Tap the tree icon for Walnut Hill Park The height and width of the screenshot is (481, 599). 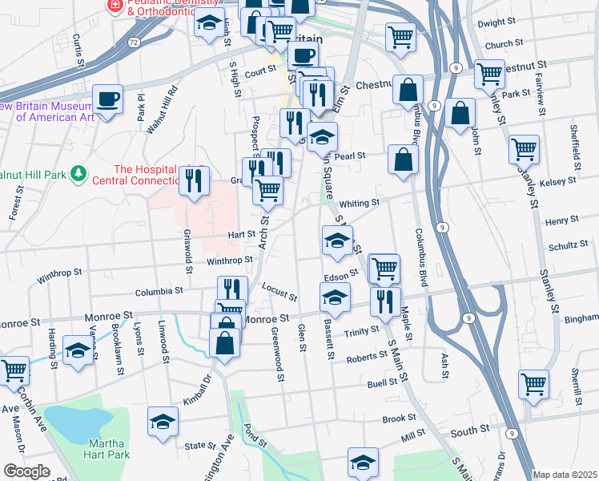tap(78, 172)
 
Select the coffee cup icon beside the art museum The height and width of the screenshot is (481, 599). tap(107, 99)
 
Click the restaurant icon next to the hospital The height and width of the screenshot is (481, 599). tap(193, 180)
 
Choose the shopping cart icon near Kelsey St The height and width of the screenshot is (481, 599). tap(524, 148)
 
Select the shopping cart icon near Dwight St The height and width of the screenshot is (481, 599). tap(400, 35)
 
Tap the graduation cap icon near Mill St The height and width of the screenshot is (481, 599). tap(363, 462)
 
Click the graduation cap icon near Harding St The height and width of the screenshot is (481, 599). tap(78, 351)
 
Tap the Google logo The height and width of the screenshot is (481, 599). tap(26, 471)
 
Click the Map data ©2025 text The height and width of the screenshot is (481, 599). tap(565, 475)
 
